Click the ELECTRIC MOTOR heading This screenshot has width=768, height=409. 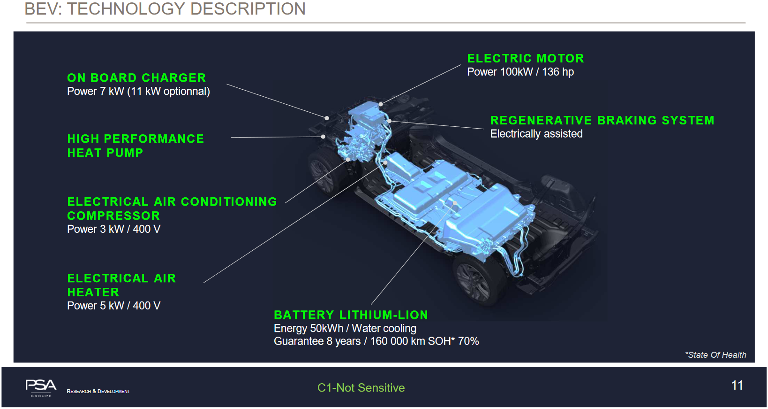tap(525, 59)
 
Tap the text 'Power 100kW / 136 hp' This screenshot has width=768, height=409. tap(520, 72)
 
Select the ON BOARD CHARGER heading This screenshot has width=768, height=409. tap(136, 78)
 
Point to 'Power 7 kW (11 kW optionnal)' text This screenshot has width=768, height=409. tap(138, 91)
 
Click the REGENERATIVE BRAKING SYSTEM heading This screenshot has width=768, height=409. tap(602, 121)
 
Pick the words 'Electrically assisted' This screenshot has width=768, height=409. tap(536, 134)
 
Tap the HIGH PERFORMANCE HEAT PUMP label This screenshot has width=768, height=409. tap(136, 146)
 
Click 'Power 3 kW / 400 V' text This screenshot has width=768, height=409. tap(113, 229)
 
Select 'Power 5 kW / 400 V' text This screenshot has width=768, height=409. tap(113, 306)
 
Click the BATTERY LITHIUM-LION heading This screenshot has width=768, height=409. tap(351, 315)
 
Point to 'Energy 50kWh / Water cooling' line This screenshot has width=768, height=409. tap(345, 328)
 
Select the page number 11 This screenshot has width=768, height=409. tap(737, 386)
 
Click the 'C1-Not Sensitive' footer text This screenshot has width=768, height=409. tap(361, 388)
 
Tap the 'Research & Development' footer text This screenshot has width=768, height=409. tap(98, 391)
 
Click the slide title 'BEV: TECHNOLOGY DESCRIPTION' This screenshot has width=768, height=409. tap(165, 9)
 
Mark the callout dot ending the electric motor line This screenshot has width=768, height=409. tap(381, 104)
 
